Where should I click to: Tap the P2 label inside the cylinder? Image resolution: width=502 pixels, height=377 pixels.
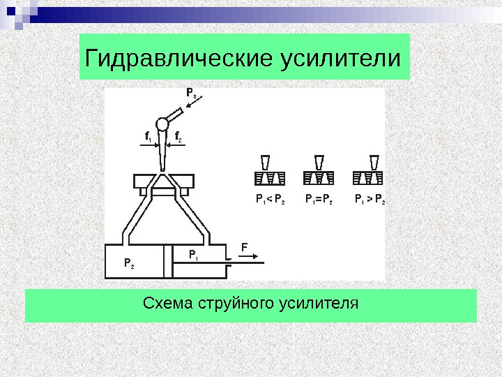point(130,264)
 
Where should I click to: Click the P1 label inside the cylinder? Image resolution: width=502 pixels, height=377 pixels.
point(193,255)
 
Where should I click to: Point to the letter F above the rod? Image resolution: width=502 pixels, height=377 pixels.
point(244,247)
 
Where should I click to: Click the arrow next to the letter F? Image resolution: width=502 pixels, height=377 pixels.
point(247,258)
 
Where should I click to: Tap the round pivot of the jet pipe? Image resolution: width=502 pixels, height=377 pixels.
point(162,124)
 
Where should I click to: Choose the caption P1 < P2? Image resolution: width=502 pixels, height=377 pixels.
point(270,200)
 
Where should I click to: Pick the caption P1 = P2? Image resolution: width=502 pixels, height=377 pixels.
point(319,200)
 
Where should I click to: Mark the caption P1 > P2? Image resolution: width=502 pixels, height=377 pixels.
point(370,200)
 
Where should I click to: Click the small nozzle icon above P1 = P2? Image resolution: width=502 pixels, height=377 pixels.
point(319,162)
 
